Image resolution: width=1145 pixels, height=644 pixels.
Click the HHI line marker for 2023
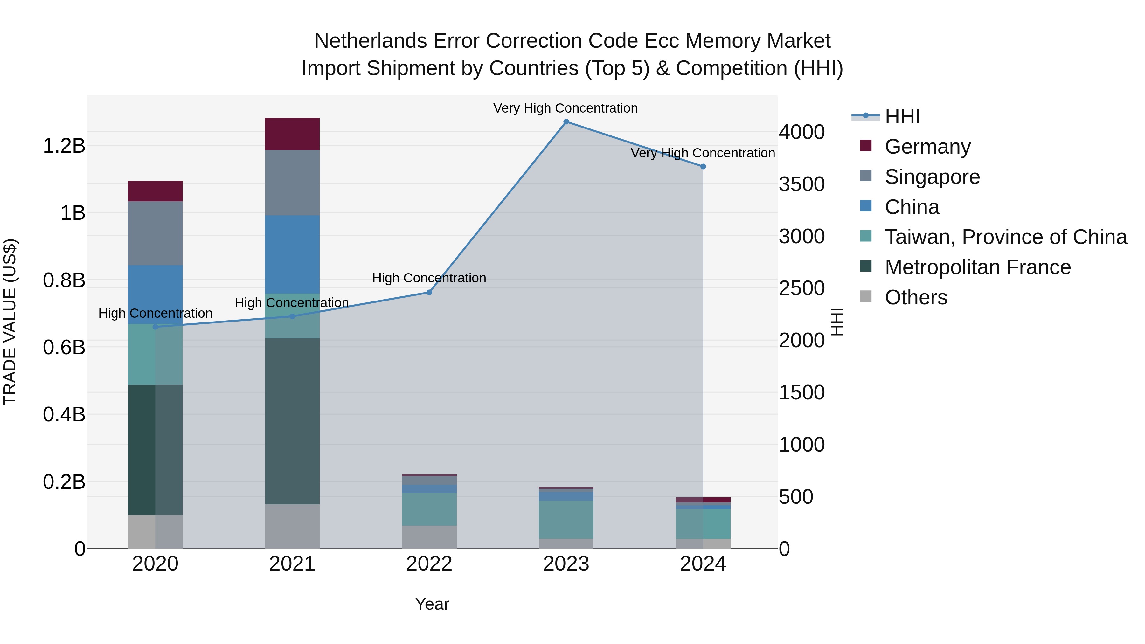566,122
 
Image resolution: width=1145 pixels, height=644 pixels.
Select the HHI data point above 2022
429,293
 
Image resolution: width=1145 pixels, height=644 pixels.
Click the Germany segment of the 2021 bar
292,134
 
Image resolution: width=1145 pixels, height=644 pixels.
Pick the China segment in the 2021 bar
292,254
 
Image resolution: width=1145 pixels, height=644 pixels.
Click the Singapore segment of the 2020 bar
155,233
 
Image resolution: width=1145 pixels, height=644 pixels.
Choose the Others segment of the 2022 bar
429,537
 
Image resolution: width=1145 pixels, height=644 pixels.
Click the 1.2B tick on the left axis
64,146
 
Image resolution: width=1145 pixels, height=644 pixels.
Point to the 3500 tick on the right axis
801,184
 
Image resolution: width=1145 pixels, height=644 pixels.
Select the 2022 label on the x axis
429,564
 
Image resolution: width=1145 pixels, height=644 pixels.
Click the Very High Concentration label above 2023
566,108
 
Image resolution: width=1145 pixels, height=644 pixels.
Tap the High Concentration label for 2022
429,278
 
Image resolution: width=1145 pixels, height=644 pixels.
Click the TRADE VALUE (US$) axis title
10,322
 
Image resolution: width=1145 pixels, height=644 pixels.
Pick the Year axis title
432,604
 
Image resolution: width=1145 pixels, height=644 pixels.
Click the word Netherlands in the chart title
371,41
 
